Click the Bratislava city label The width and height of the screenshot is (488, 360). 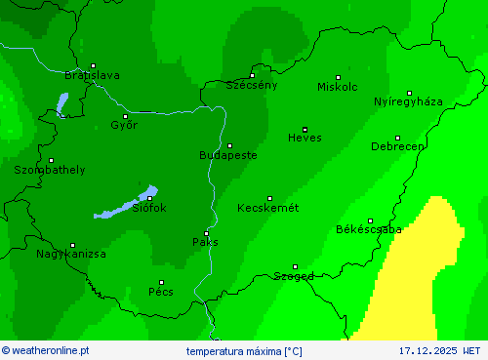point(92,75)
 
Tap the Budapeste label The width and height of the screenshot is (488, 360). point(227,155)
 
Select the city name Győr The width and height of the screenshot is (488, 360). point(124,125)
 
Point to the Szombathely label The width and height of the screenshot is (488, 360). point(50,170)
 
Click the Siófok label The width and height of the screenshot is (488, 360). point(149,208)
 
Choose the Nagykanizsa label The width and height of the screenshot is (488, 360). point(71,254)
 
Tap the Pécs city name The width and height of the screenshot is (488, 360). point(161,291)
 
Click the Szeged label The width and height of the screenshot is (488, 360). point(294,276)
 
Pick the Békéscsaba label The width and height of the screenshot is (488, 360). point(368,230)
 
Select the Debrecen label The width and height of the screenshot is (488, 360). point(397,146)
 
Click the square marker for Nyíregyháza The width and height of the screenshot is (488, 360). point(409,93)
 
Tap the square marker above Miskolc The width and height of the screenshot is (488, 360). point(339,77)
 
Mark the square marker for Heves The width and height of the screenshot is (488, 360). point(305,129)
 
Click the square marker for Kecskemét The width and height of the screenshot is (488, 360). point(270,198)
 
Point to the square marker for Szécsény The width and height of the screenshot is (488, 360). point(252,75)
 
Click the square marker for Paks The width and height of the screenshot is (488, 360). point(205,232)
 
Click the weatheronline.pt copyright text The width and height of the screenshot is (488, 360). point(46,349)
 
